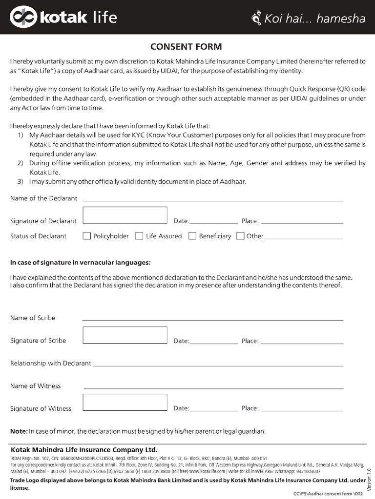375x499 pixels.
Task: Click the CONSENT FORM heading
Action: [x=186, y=47]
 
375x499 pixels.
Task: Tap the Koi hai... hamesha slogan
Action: [x=309, y=19]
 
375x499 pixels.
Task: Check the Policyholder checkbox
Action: [x=87, y=236]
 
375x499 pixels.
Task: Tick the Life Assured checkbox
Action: [x=139, y=236]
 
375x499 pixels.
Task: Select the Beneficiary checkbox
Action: [x=192, y=236]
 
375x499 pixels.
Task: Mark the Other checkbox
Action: [x=240, y=236]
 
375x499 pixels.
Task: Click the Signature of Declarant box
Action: [x=125, y=215]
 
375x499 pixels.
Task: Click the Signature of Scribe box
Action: [x=125, y=335]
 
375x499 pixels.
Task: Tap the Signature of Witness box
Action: [x=125, y=403]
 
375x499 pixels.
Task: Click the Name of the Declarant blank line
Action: [x=213, y=200]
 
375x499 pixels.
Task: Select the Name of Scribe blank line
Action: [x=213, y=319]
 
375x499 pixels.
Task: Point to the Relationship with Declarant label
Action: [x=50, y=364]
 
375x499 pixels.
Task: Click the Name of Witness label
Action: [x=36, y=386]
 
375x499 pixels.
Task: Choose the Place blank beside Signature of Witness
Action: [x=301, y=410]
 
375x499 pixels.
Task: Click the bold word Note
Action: [x=19, y=431]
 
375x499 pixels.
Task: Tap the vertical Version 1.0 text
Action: [x=369, y=475]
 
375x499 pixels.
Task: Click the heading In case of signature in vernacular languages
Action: [x=80, y=263]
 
